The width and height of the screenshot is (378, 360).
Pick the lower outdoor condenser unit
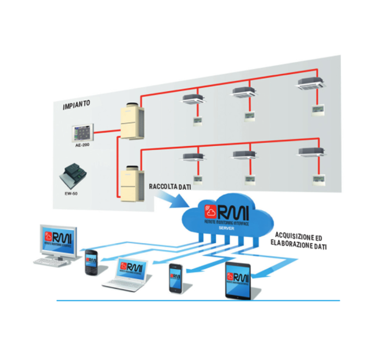[132, 184]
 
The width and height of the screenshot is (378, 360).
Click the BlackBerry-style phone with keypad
[91, 262]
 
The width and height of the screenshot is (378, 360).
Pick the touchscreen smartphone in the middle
[176, 278]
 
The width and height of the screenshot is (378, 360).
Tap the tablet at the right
[237, 280]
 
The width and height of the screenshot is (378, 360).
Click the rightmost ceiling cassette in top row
[312, 84]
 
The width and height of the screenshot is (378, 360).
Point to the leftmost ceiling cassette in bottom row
[195, 157]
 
